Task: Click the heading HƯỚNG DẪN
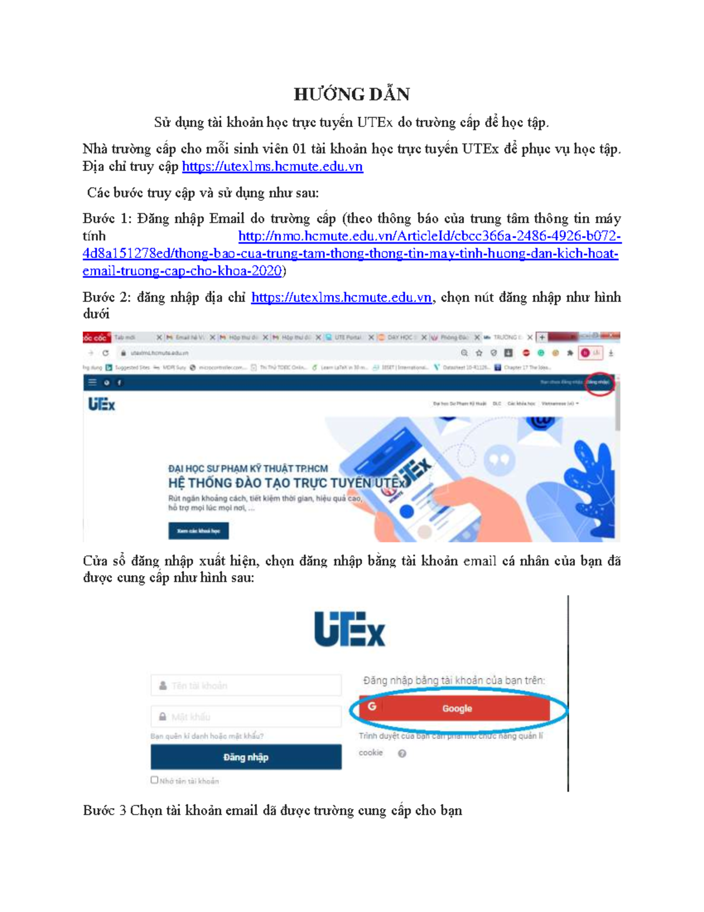pos(351,94)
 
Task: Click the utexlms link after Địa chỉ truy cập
pos(272,167)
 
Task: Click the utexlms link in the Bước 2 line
pos(341,298)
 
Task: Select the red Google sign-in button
pos(455,709)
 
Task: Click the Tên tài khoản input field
pos(246,685)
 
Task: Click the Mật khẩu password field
pos(246,716)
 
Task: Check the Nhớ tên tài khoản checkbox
pos(154,780)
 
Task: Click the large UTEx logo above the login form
pos(350,630)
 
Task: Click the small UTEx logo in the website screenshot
pos(101,405)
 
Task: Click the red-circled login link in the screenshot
pos(599,382)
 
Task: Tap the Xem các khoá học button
pos(198,531)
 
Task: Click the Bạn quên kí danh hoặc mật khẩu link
pos(207,736)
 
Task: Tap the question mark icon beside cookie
pos(402,753)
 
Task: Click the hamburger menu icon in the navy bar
pos(92,382)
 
